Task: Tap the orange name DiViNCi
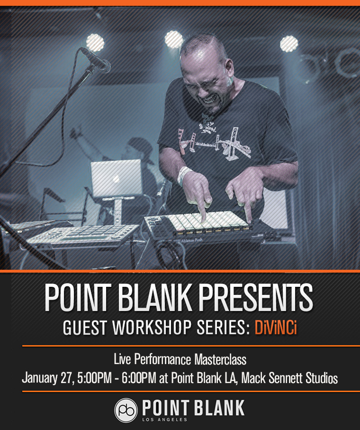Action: (276, 328)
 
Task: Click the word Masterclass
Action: (221, 359)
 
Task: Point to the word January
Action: (39, 378)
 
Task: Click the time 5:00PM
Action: (95, 378)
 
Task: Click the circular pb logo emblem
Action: (126, 410)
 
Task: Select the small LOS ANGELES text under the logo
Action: (164, 420)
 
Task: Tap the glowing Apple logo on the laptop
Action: (116, 179)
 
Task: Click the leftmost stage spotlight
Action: (95, 43)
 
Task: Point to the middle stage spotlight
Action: (174, 39)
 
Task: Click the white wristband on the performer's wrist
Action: (184, 175)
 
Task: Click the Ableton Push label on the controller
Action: (191, 240)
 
